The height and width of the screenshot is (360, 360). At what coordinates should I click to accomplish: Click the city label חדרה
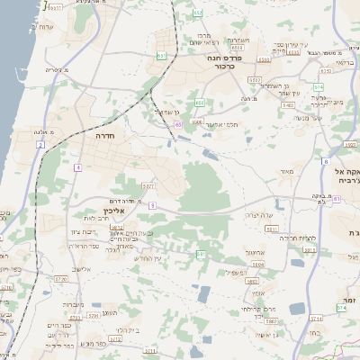point(103,136)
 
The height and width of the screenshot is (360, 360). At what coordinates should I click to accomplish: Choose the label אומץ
point(258,293)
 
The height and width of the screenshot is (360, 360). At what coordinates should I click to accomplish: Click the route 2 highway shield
point(41,144)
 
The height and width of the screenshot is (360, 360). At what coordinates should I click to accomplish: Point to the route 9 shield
point(153,205)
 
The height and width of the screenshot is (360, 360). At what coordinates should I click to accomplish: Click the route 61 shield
point(200,255)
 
